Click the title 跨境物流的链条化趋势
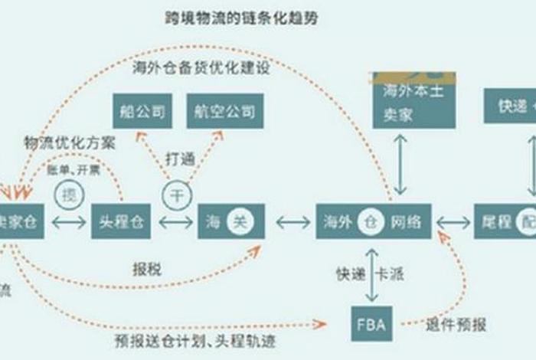click(x=241, y=18)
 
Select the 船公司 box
click(x=142, y=110)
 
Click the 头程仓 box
click(x=121, y=222)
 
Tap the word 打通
click(x=181, y=160)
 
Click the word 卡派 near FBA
click(x=392, y=273)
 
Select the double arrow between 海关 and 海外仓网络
click(x=293, y=222)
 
